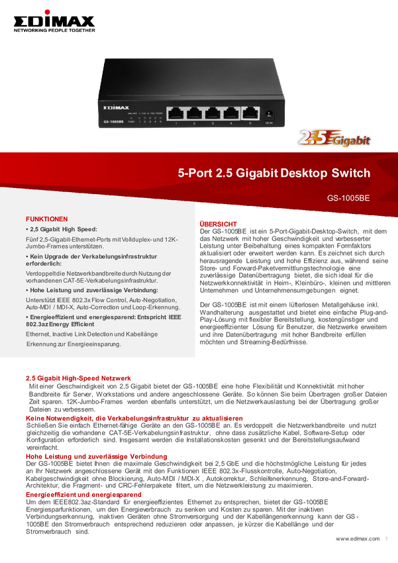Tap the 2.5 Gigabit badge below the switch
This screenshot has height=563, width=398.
click(334, 138)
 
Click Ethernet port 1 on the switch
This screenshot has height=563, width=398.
click(175, 113)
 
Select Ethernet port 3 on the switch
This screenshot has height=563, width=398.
click(213, 113)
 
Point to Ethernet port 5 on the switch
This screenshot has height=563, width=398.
click(250, 113)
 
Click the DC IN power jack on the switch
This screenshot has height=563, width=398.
click(269, 115)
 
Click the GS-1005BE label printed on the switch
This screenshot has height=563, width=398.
click(113, 122)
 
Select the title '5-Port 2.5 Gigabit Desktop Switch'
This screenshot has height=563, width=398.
click(274, 173)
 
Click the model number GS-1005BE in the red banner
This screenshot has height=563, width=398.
click(348, 198)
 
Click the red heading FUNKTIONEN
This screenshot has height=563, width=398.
click(46, 219)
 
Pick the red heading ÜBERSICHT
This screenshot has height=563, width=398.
click(218, 224)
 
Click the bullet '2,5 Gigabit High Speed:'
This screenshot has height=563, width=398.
click(62, 229)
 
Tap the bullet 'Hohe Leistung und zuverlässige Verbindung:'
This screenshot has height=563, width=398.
click(92, 290)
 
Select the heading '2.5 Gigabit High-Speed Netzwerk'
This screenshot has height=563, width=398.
click(78, 378)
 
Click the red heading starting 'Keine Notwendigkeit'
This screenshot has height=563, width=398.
click(134, 419)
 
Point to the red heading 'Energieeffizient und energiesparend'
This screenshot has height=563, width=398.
click(83, 494)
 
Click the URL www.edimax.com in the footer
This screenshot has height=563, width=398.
click(358, 538)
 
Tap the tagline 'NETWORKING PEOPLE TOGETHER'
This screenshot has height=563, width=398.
click(54, 30)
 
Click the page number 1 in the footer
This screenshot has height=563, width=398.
click(387, 538)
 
